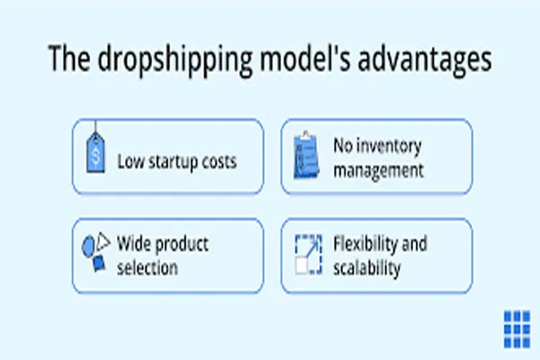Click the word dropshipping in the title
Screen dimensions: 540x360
[x=175, y=60]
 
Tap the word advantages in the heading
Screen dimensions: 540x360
[x=425, y=60]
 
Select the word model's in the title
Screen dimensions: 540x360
[x=305, y=58]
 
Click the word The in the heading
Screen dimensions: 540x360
[x=69, y=58]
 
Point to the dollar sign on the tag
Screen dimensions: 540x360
[x=95, y=156]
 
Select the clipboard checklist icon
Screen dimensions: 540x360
[x=306, y=155]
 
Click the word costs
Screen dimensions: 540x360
[x=220, y=162]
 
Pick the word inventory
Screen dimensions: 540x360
[x=389, y=147]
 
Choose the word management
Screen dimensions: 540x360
[x=379, y=170]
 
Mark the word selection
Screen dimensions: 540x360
[x=148, y=267]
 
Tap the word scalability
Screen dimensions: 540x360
[x=367, y=268]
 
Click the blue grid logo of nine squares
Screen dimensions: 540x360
[x=517, y=329]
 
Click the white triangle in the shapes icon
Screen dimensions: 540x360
[x=103, y=241]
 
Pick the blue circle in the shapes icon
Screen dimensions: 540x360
[x=88, y=247]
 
